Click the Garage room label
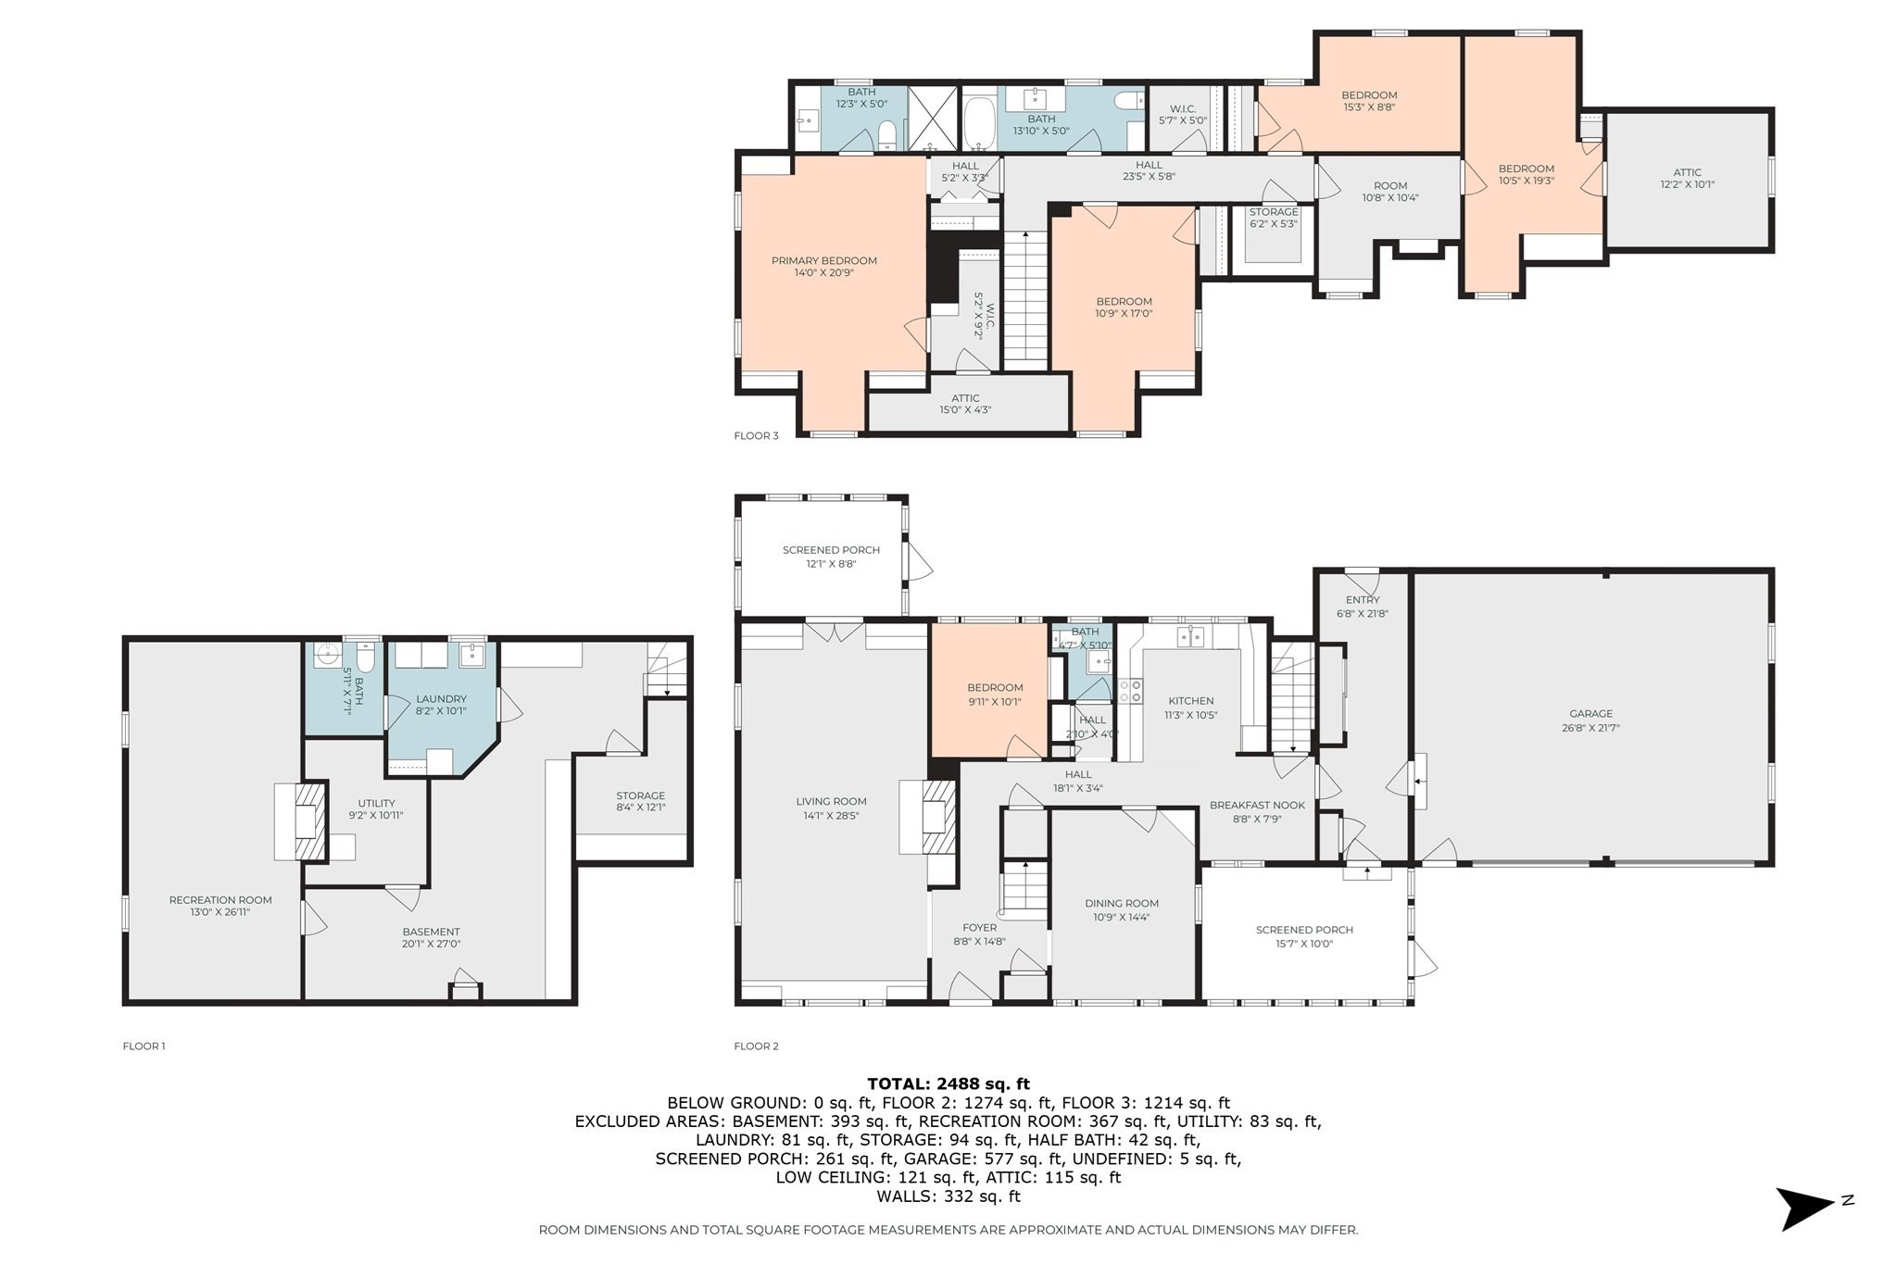1590,714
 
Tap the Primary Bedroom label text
823,261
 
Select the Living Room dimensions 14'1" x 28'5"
831,816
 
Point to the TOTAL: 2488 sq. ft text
948,1083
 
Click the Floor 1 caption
144,1046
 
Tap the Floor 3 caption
756,435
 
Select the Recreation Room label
220,900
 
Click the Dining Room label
1121,904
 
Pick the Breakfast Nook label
1257,806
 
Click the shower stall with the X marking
933,118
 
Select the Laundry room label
441,699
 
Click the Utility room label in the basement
376,804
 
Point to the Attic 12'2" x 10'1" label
1687,173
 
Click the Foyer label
979,928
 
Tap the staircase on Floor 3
1025,296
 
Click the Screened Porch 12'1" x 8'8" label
831,550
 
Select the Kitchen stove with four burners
1130,691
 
